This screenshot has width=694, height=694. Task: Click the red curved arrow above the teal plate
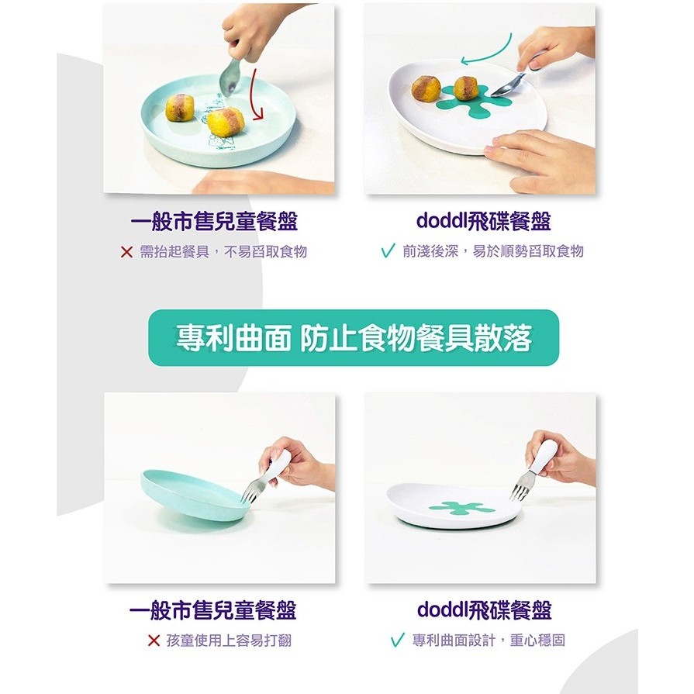point(252,95)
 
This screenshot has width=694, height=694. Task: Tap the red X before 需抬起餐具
point(126,252)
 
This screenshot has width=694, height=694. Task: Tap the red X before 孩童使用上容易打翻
point(154,640)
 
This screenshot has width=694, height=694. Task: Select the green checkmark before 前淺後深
point(388,251)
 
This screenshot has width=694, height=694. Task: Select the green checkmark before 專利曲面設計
point(398,640)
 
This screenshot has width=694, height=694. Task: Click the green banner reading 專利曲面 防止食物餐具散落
point(353,338)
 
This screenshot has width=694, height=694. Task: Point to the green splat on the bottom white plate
point(462,509)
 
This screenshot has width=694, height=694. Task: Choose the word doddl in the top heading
point(442,221)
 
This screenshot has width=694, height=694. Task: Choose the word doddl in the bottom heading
point(443,609)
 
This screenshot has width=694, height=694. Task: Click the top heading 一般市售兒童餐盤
point(214,221)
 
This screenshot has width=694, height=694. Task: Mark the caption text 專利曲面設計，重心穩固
point(489,640)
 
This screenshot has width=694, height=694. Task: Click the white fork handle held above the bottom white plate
point(545,456)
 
